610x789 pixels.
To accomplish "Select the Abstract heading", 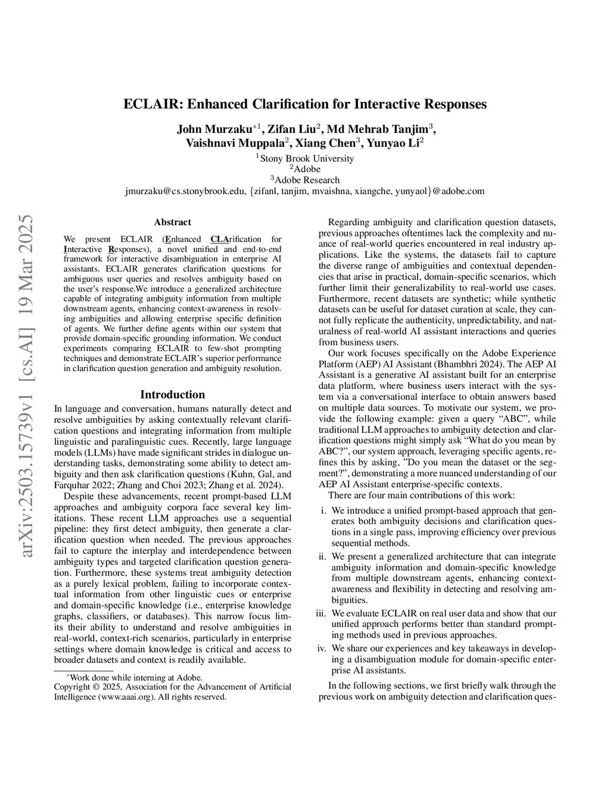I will [172, 222].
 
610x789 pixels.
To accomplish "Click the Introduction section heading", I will [172, 394].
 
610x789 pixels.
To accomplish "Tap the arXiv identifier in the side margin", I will [29, 387].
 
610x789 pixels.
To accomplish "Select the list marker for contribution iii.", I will [321, 613].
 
